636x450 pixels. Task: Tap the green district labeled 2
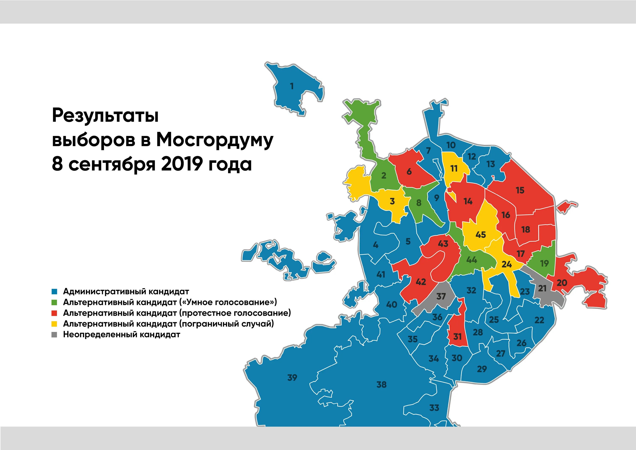pos(384,175)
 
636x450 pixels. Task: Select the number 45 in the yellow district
pos(481,235)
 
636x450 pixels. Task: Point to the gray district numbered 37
pos(441,296)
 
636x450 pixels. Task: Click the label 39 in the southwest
pos(292,377)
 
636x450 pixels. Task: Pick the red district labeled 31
pos(457,337)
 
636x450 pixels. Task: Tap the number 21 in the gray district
pos(542,289)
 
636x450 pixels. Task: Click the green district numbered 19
pos(545,263)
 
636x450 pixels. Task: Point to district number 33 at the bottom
pos(434,408)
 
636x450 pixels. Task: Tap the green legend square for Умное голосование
pos(54,302)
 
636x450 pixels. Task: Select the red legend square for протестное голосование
pos(54,313)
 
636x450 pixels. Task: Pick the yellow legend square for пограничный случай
pos(54,324)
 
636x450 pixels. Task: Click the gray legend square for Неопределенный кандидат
pos(54,335)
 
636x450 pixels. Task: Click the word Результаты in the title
pos(105,116)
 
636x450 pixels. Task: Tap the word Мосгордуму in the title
pos(215,140)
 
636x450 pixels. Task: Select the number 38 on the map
pos(381,385)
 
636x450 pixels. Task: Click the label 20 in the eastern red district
pos(562,283)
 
